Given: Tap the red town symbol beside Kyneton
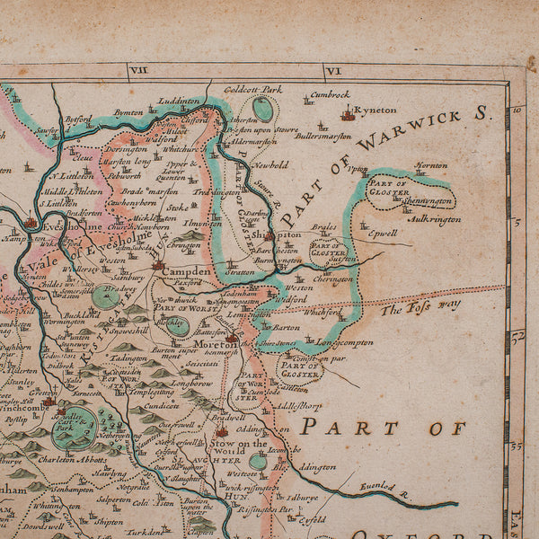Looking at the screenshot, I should pyautogui.click(x=348, y=114).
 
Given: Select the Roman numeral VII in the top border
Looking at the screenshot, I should pyautogui.click(x=138, y=70).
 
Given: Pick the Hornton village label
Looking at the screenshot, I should pyautogui.click(x=430, y=165).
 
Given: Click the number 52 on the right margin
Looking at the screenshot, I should pyautogui.click(x=517, y=335).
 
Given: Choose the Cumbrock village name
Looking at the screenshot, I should pyautogui.click(x=330, y=94).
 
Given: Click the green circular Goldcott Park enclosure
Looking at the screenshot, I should pyautogui.click(x=262, y=109).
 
